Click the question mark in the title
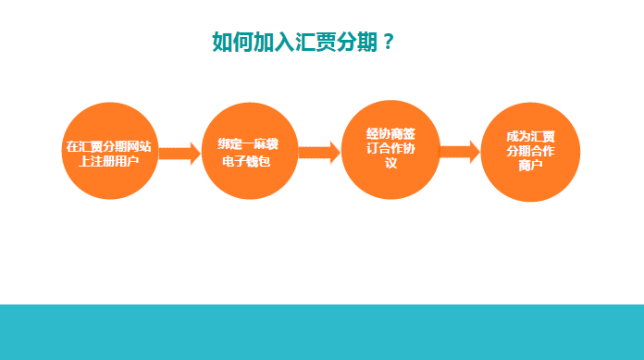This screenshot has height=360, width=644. click(x=388, y=42)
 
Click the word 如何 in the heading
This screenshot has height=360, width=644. click(x=233, y=42)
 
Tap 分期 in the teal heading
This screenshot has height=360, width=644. click(x=357, y=42)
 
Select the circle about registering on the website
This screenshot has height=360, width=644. click(x=110, y=151)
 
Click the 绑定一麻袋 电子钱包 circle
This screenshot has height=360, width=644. click(x=250, y=151)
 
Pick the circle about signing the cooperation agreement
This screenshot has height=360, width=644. click(x=390, y=150)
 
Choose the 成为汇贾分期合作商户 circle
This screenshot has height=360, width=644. click(x=530, y=152)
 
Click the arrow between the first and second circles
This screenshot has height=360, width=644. click(x=180, y=154)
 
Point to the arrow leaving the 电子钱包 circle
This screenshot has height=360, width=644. click(x=319, y=153)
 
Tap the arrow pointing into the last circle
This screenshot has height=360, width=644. click(x=460, y=152)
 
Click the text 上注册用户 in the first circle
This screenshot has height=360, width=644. click(x=109, y=161)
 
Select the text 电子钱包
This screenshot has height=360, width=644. click(x=246, y=161)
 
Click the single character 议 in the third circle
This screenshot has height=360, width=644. click(x=391, y=163)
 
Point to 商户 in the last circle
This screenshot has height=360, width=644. click(x=530, y=166)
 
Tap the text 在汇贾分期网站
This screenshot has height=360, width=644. click(x=109, y=146)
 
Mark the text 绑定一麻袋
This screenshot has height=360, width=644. click(x=248, y=143)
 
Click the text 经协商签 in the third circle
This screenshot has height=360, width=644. click(x=390, y=133)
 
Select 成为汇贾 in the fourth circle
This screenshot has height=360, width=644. click(x=530, y=136)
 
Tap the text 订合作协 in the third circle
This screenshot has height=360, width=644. click(x=390, y=148)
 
